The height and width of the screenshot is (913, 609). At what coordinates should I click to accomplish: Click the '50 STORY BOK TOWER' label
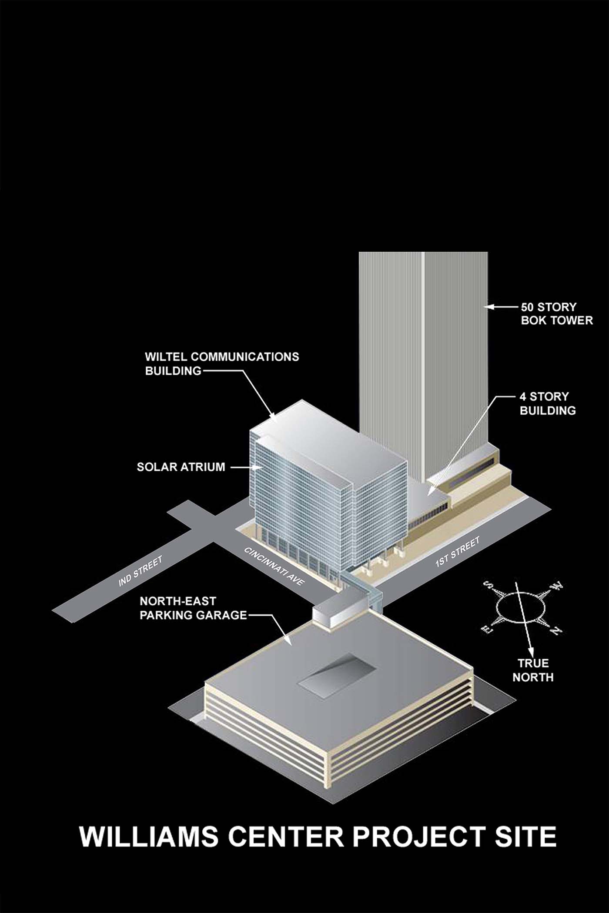pos(557,314)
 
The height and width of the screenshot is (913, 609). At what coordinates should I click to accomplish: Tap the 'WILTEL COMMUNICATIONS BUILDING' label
pos(222,363)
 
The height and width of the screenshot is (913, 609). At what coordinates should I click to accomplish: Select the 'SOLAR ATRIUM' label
pos(181,467)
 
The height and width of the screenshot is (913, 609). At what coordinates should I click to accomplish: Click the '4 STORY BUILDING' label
pos(548,403)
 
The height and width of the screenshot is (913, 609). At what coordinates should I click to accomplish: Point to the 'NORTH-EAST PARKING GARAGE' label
pos(193,608)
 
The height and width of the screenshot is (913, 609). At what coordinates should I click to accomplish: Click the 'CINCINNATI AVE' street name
pos(274,566)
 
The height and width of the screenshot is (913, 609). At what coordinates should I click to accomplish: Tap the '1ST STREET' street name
pos(457,552)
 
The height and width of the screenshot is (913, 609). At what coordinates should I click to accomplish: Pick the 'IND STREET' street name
pos(141,571)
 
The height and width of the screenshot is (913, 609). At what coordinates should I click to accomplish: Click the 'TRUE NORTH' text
pos(533,670)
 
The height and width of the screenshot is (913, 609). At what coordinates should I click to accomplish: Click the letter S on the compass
pos(489,585)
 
